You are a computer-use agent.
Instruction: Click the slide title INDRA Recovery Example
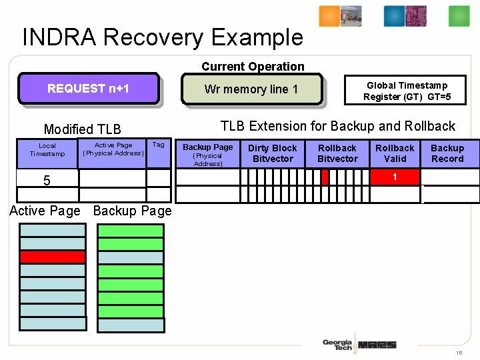coord(163,37)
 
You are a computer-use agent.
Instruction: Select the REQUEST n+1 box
coord(88,89)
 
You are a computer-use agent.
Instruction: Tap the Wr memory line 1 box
coord(251,89)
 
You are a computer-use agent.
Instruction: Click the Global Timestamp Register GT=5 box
coord(407,91)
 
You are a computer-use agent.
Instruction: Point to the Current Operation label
coord(253,67)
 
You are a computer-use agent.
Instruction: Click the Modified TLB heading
coord(82,129)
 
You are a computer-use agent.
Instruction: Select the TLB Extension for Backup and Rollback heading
coord(337,126)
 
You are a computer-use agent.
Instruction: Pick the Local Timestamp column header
coord(47,149)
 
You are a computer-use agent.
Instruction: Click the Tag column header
coord(158,145)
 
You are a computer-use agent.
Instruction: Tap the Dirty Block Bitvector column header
coord(272,153)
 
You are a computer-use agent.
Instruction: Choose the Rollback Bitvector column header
coord(337,153)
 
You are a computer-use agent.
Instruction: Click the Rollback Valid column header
coord(395,153)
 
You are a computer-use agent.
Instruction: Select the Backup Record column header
coord(447,153)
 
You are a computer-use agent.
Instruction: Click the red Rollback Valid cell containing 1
coord(395,177)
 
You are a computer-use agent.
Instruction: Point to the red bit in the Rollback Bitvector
coord(325,177)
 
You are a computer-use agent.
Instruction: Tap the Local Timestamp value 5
coord(47,180)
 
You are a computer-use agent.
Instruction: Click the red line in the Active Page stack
coord(53,257)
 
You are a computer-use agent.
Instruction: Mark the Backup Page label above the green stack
coord(132,211)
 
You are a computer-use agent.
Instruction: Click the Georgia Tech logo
coord(337,345)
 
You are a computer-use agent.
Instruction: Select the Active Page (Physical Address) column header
coord(113,149)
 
